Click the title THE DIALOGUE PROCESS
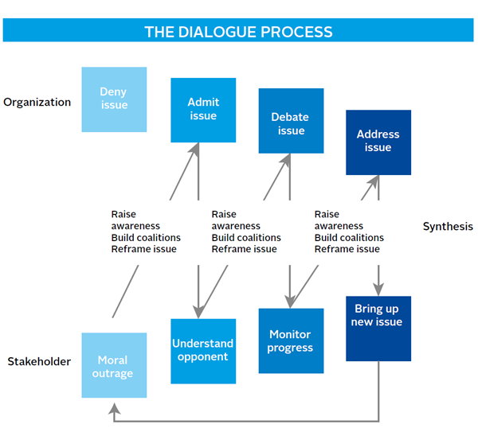tap(238, 32)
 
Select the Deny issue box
tap(114, 99)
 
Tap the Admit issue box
tap(203, 110)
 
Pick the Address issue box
tap(378, 142)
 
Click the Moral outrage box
tap(114, 365)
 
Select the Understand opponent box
tap(203, 351)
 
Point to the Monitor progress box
tap(291, 340)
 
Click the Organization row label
tap(37, 102)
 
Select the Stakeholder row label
tap(39, 361)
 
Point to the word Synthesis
tap(447, 227)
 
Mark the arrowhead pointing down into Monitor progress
tap(290, 302)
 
